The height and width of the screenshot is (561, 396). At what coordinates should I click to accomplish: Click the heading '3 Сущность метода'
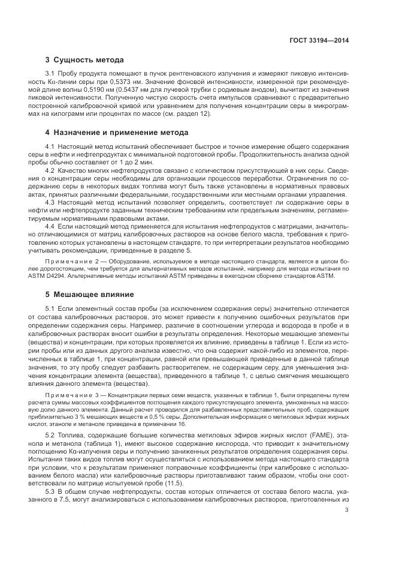point(84,60)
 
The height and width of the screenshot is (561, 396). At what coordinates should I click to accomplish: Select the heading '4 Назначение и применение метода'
point(117,132)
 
